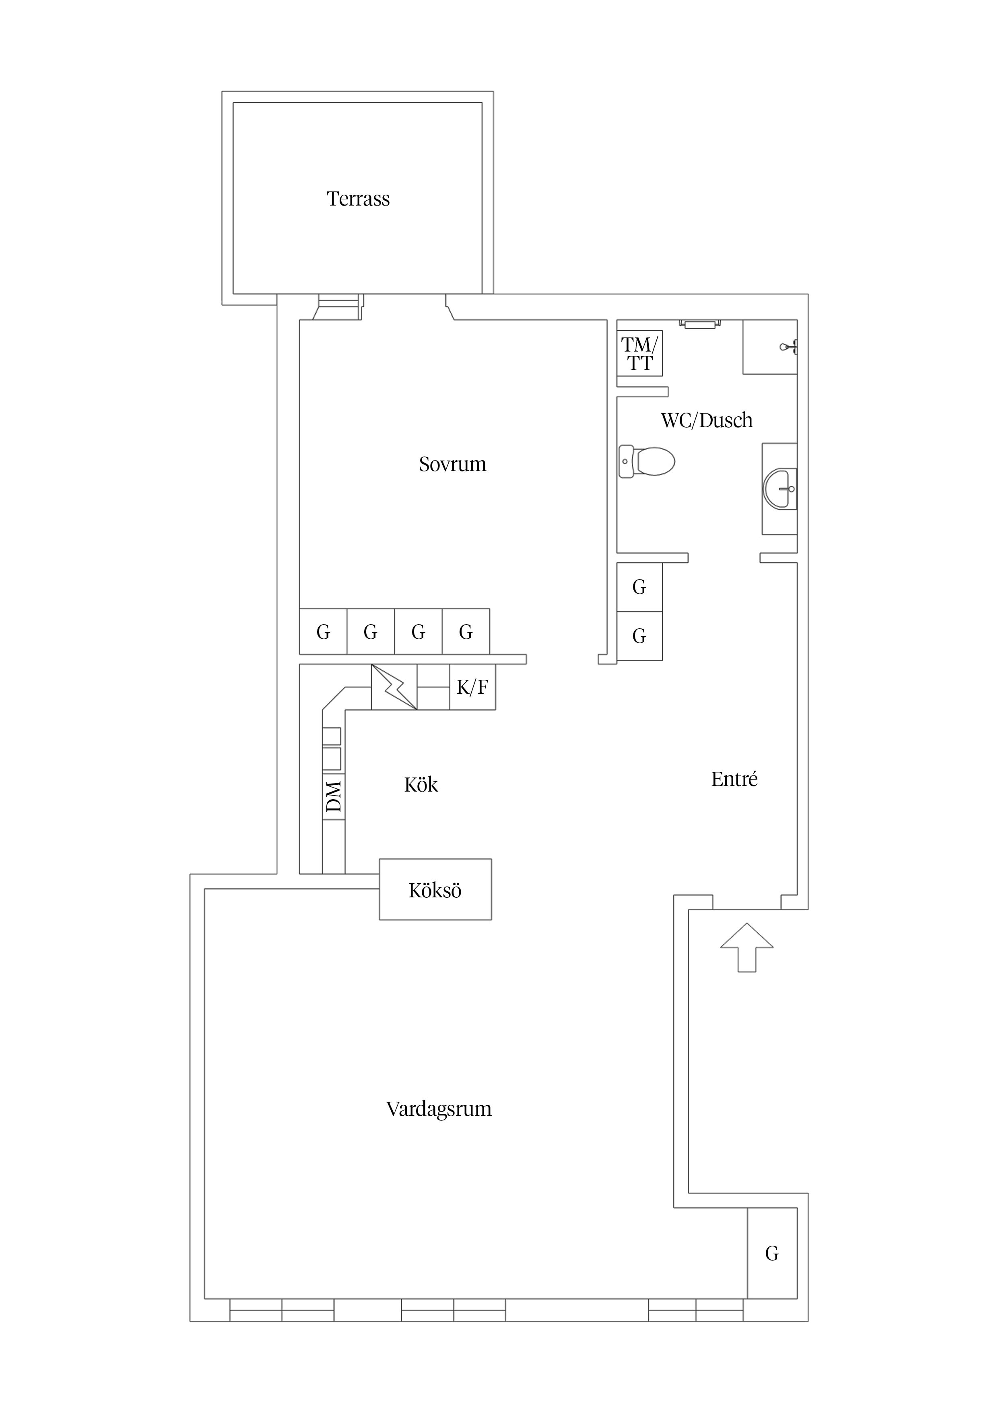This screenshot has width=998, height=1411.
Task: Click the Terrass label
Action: point(358,199)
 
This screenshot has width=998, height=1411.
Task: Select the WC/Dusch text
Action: point(707,420)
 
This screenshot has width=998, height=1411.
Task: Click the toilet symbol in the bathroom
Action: point(647,461)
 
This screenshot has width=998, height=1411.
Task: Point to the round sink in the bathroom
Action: point(780,489)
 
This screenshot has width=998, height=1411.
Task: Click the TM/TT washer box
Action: point(639,354)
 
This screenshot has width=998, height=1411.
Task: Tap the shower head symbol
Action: point(788,347)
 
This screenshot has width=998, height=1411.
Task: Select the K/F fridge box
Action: point(472,687)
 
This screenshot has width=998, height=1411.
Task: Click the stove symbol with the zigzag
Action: point(394,687)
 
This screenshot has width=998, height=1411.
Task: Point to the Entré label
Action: point(734,779)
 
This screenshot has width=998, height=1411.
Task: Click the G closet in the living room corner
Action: point(772,1254)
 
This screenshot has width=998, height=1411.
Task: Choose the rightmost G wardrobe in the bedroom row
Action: point(466,632)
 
